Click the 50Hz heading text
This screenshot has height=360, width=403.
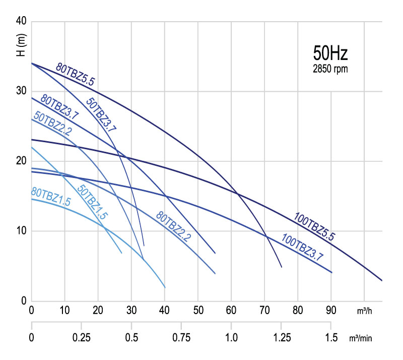tap(330, 53)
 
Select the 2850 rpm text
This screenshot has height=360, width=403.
tap(330, 69)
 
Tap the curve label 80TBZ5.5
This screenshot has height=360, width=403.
tap(76, 74)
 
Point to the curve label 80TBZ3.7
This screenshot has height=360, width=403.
tap(59, 107)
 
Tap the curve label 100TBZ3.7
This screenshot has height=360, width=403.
tap(302, 247)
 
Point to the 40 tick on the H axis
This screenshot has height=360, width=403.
tap(21, 22)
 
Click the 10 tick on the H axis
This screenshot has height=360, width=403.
tap(21, 231)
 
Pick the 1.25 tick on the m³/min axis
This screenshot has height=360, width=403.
tap(281, 336)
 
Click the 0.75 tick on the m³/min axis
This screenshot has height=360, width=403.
tap(181, 336)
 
